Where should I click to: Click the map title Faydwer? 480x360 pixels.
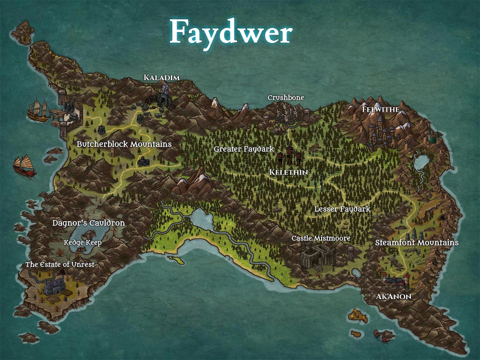(231, 32)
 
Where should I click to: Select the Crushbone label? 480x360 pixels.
(286, 98)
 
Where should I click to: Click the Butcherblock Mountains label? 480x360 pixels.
(124, 144)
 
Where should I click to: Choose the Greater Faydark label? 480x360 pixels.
(243, 149)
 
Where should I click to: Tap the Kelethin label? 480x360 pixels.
(288, 172)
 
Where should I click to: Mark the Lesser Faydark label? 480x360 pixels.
(342, 209)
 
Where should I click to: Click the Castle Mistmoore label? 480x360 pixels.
(321, 238)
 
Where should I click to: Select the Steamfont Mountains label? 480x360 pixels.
(416, 243)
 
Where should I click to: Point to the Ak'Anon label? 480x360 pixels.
(394, 297)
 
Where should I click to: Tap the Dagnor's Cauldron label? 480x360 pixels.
(88, 223)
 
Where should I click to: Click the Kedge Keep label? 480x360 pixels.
(83, 243)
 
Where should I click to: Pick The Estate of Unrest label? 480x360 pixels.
(60, 264)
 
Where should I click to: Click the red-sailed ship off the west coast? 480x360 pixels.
(24, 166)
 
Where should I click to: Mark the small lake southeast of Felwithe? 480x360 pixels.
(421, 162)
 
